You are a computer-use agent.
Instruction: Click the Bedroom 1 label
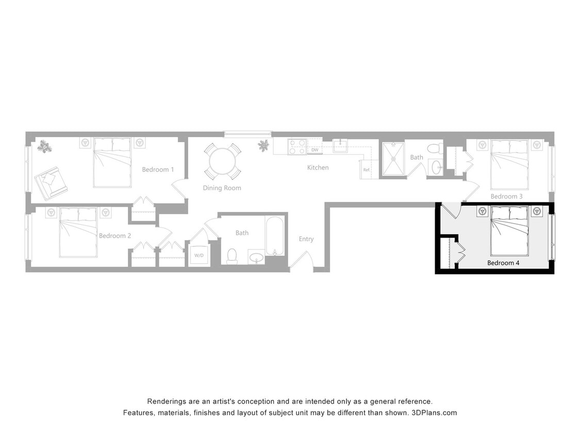tap(158, 170)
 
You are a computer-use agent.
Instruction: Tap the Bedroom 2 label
tap(115, 236)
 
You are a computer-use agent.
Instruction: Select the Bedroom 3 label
tap(506, 196)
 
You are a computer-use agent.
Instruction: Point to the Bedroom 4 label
tap(504, 263)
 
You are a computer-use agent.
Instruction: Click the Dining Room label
tap(222, 188)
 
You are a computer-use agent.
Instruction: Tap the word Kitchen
tap(318, 168)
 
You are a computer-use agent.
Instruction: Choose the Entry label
tap(306, 239)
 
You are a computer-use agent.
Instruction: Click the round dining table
tap(222, 161)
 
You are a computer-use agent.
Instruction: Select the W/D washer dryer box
tap(198, 255)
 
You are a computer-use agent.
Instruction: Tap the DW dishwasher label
tap(314, 150)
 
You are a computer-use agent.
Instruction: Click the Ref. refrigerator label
tap(367, 170)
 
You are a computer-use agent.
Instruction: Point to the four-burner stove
tap(297, 146)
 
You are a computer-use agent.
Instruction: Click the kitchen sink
tap(340, 146)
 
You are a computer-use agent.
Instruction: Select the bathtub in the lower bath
tap(275, 235)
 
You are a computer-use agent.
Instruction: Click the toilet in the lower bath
tap(232, 256)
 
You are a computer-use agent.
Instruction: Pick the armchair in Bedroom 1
tap(50, 181)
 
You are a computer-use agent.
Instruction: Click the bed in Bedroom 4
tap(509, 231)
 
